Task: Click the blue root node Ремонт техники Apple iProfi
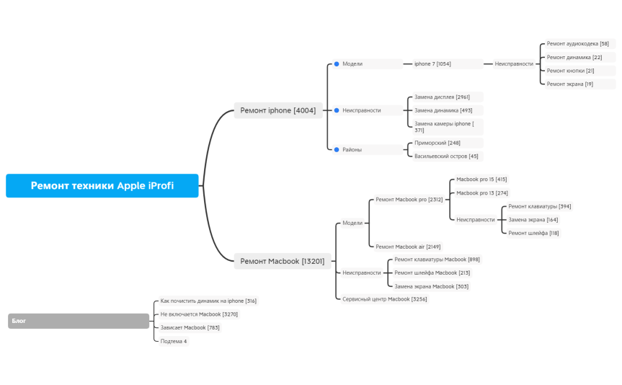coord(102,185)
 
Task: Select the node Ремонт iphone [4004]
coord(277,110)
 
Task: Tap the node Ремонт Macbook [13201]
coord(282,261)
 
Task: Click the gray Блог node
coord(79,321)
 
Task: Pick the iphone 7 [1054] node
coord(432,64)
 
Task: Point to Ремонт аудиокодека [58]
coord(577,44)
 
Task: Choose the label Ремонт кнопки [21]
coord(570,71)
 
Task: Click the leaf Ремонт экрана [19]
coord(569,84)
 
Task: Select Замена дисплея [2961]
coord(442,97)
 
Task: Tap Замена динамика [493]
coord(443,110)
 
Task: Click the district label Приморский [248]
coord(437,143)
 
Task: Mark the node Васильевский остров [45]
coord(446,156)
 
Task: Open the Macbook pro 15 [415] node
coord(481,180)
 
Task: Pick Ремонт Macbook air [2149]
coord(408,247)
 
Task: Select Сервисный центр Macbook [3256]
coord(384,299)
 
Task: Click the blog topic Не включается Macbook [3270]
coord(199,314)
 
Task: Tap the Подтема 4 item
coord(174,341)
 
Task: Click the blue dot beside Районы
coord(336,149)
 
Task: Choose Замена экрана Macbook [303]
coord(431,286)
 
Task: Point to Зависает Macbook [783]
coord(190,327)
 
